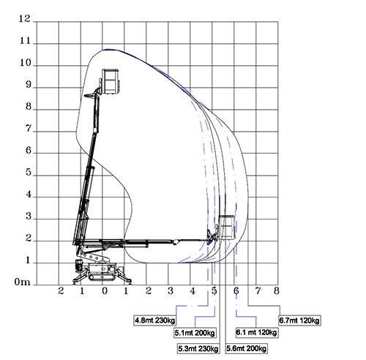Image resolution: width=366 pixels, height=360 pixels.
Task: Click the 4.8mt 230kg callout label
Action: click(x=155, y=320)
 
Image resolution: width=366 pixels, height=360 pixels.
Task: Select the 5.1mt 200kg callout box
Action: click(x=195, y=333)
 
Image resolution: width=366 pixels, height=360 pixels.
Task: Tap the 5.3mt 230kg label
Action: click(x=198, y=348)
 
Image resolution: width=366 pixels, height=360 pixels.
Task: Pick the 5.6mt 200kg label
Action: click(x=246, y=348)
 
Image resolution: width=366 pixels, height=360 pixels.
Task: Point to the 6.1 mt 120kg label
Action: click(x=256, y=332)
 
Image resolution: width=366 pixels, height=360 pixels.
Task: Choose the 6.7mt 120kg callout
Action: click(x=299, y=320)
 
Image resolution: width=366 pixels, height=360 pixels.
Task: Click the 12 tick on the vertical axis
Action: click(x=25, y=19)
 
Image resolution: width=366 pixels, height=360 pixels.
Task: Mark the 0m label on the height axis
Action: click(x=23, y=282)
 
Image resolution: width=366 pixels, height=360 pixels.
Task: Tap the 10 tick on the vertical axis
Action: click(x=26, y=63)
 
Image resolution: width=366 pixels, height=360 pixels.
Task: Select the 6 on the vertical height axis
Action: click(x=29, y=151)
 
